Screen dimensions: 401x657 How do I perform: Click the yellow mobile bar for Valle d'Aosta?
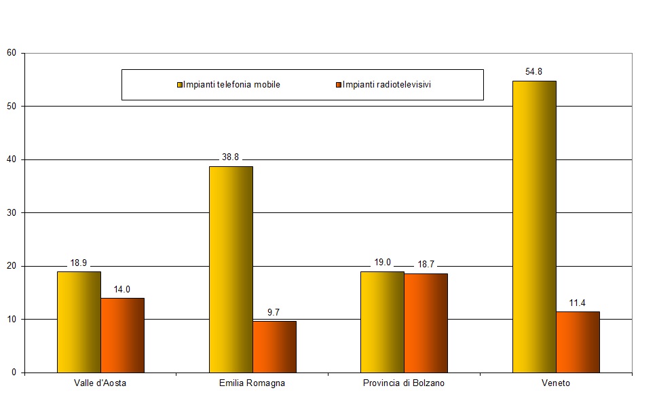[x=79, y=322]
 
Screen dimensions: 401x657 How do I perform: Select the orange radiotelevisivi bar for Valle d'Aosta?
[x=122, y=335]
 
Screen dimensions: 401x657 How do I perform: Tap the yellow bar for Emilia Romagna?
[x=231, y=269]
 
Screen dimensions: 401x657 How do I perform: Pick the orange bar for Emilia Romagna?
[x=274, y=347]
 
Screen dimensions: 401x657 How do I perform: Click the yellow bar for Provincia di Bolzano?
[x=382, y=322]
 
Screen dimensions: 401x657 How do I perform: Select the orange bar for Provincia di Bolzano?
[x=426, y=323]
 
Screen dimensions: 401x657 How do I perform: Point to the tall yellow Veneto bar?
[x=534, y=227]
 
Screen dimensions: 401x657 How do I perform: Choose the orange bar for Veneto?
[x=578, y=342]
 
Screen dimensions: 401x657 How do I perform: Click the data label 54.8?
[x=533, y=71]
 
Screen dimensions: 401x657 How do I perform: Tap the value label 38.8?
[x=230, y=157]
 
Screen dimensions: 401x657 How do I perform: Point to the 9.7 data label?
[x=274, y=312]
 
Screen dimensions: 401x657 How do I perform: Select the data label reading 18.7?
[x=426, y=264]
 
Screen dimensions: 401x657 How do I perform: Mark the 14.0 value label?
[x=122, y=289]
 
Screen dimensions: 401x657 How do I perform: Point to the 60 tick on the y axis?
[x=12, y=53]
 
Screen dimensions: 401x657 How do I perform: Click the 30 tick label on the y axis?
[x=12, y=212]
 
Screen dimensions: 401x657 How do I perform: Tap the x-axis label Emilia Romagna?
[x=252, y=383]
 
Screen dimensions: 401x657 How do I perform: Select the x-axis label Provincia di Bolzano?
[x=404, y=383]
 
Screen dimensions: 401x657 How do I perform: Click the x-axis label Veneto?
[x=556, y=383]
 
